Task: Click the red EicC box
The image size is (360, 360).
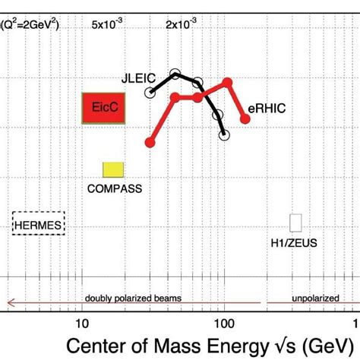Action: pos(103,108)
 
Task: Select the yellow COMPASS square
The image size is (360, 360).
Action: pos(113,170)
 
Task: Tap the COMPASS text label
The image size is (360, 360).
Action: pos(114,188)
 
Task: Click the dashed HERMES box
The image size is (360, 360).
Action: pos(39,224)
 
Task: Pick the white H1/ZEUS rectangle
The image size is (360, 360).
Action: pos(295,223)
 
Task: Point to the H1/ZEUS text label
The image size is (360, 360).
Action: pos(295,243)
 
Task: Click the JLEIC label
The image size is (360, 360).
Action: pos(137,77)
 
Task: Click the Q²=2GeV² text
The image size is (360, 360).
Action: pos(30,24)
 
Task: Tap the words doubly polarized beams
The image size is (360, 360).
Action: pos(133,298)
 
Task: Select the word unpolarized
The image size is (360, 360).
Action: pos(315,298)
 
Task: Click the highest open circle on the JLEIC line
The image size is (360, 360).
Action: pos(175,74)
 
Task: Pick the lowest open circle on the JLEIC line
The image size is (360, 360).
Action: pos(224,135)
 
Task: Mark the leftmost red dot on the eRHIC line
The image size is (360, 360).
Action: pos(150,141)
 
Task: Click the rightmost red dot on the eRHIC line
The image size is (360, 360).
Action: pos(245,118)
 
